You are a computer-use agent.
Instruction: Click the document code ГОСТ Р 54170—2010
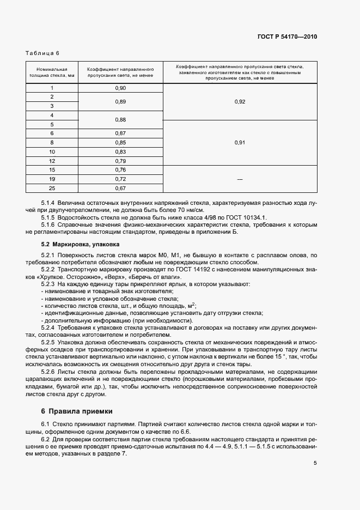[286, 37]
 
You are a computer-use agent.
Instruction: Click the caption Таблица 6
[42, 53]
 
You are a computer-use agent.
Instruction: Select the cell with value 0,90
[120, 88]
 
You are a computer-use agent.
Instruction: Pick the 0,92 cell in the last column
[240, 101]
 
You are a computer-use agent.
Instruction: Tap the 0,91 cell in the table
[240, 142]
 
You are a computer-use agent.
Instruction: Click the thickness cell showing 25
[52, 188]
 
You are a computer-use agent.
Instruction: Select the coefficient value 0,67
[120, 188]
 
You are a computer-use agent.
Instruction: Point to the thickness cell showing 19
[52, 179]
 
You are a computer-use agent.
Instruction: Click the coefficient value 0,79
[120, 160]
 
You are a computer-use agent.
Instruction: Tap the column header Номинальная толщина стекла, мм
[52, 73]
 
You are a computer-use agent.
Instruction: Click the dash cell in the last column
[240, 179]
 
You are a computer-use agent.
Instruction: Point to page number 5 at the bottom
[315, 463]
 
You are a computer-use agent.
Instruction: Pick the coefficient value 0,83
[120, 151]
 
